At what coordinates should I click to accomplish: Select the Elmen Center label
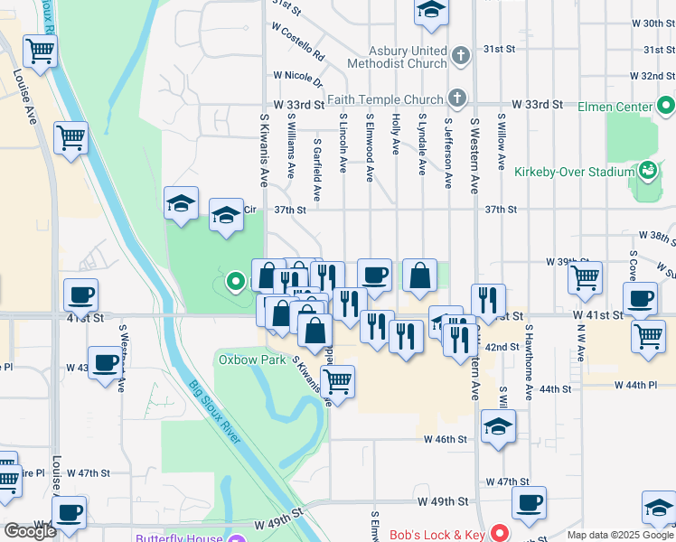(615, 107)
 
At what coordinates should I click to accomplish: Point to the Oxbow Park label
(249, 359)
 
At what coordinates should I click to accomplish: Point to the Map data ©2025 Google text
(620, 535)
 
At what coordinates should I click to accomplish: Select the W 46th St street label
(445, 439)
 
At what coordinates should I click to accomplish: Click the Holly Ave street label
(396, 134)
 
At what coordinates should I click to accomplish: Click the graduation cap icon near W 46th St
(497, 427)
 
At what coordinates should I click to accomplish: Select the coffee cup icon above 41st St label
(81, 294)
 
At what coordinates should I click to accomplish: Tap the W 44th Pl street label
(635, 386)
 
